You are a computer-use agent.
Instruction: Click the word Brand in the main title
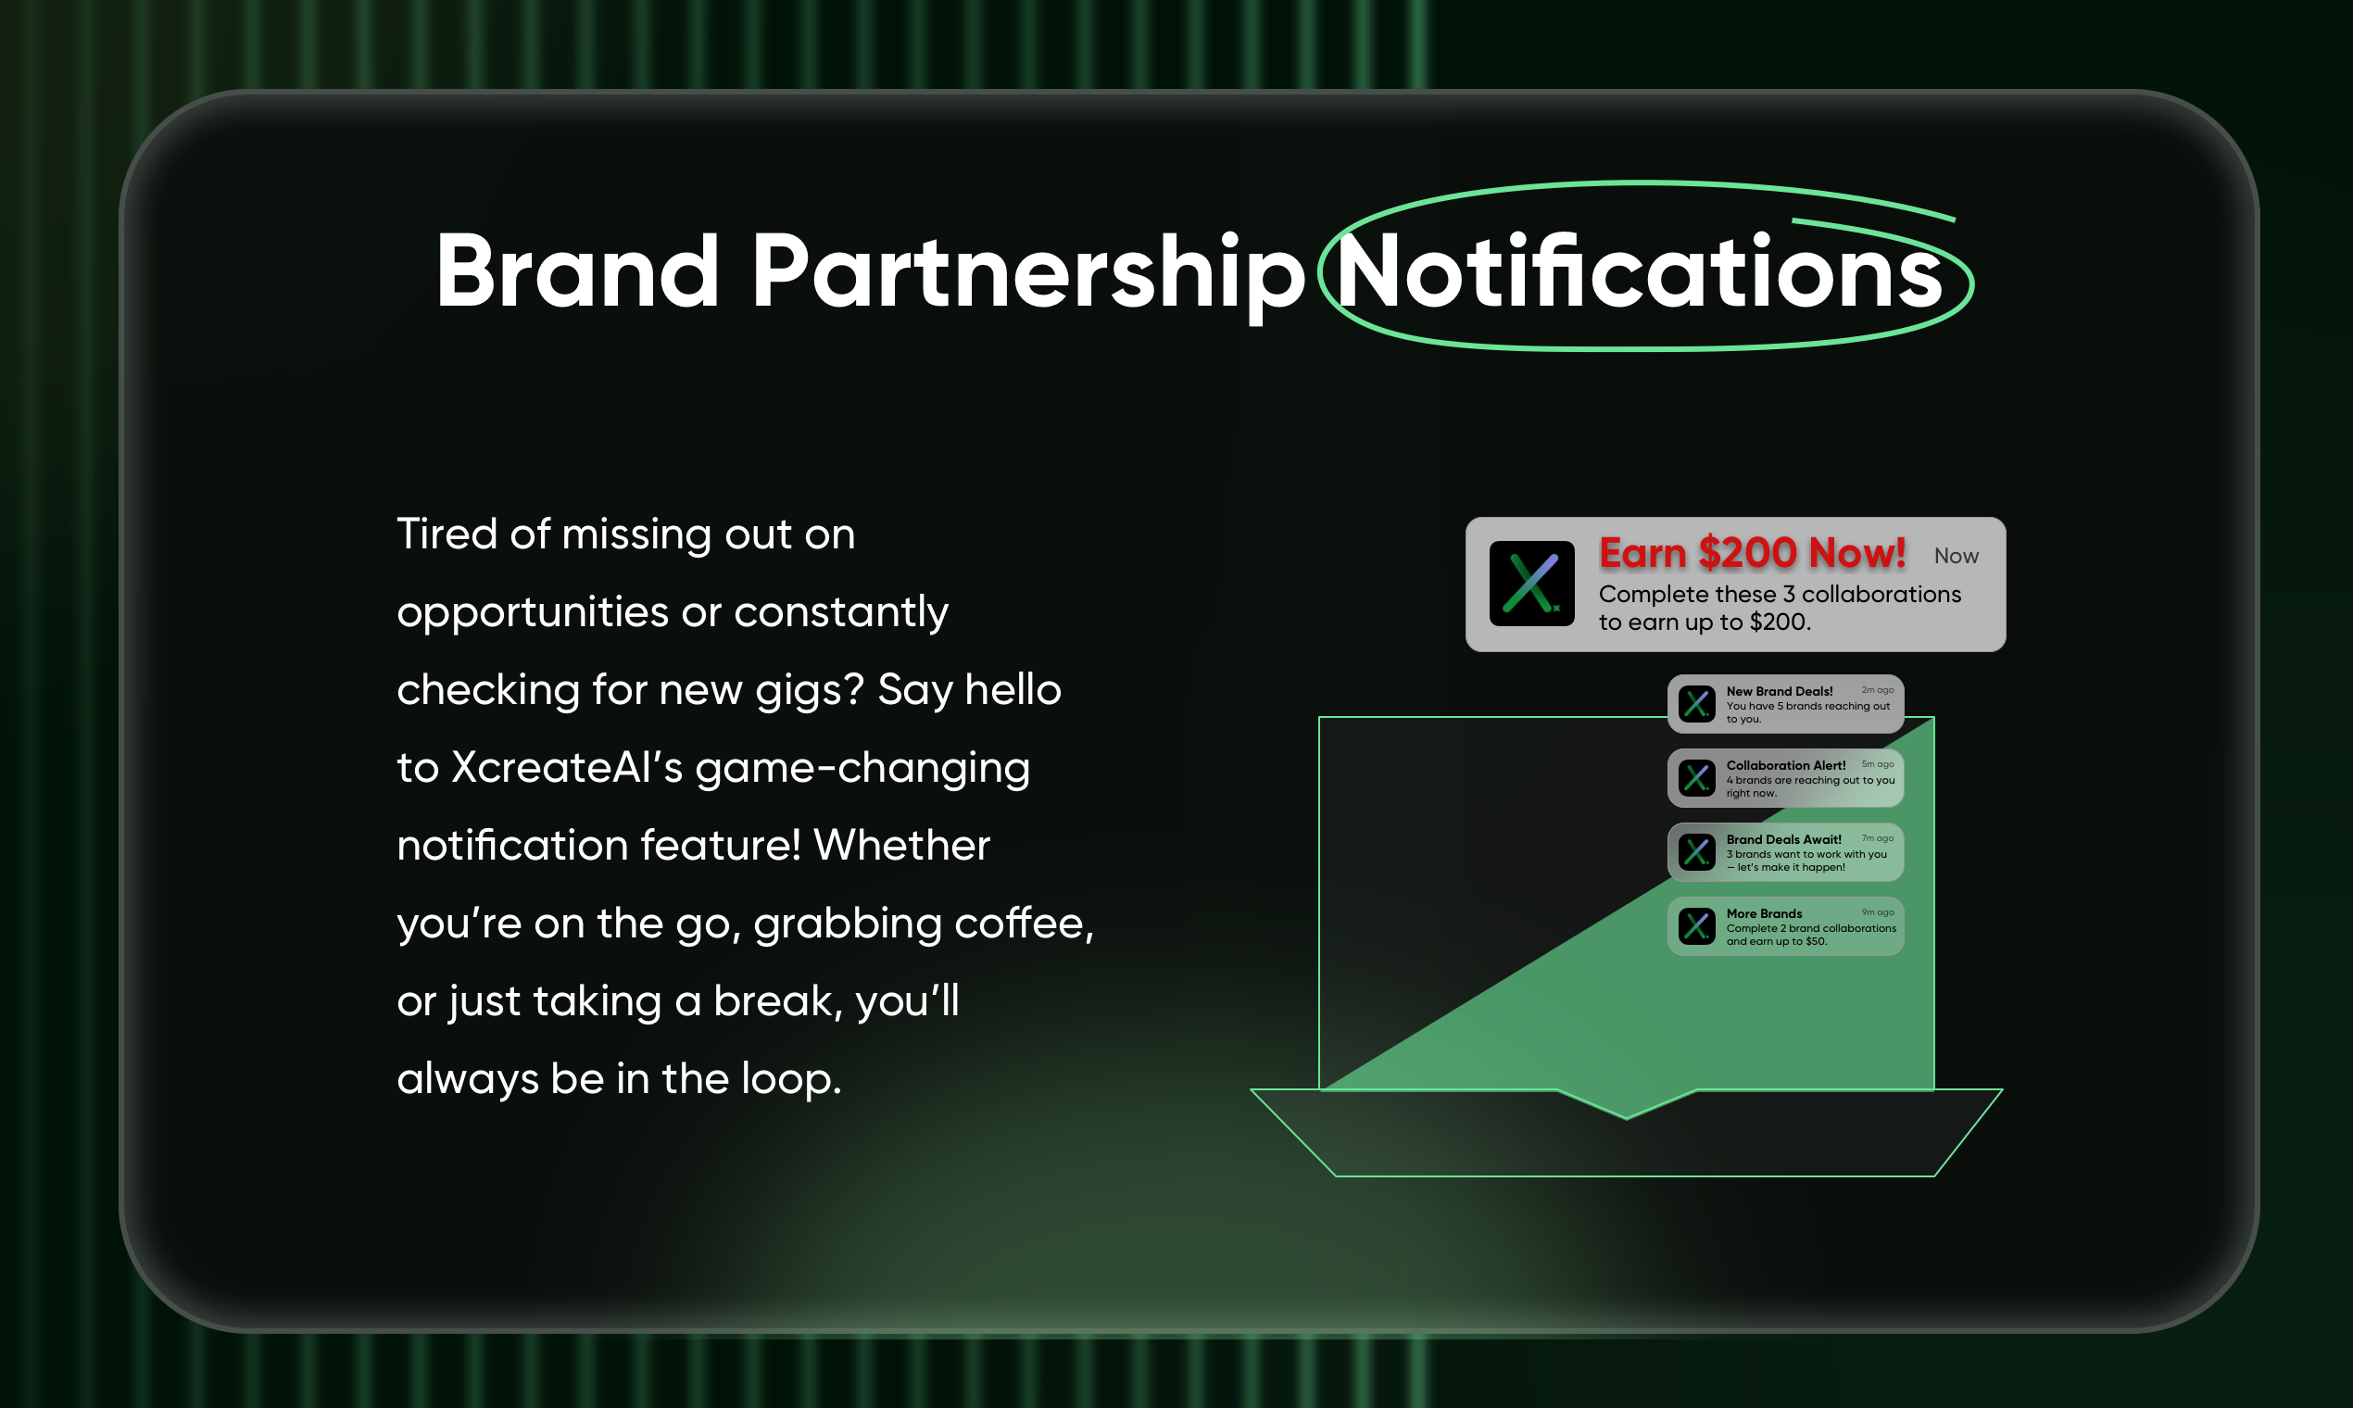point(577,271)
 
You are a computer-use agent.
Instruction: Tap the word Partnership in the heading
point(1028,275)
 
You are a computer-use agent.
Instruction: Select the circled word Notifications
point(1641,272)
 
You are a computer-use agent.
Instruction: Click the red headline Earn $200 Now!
point(1753,553)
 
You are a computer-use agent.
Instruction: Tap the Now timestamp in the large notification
point(1957,556)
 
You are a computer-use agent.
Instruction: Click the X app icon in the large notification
point(1531,584)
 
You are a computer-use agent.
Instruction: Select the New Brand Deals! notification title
point(1779,692)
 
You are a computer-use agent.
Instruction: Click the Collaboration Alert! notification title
point(1786,766)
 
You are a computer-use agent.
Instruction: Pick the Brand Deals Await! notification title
point(1783,839)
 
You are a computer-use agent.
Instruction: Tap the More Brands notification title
point(1764,913)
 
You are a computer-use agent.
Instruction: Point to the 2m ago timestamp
point(1878,690)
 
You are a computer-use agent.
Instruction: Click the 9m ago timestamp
point(1878,911)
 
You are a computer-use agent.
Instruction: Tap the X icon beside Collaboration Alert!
point(1696,778)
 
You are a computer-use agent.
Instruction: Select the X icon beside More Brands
point(1696,926)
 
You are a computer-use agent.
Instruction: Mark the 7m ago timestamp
point(1878,837)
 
